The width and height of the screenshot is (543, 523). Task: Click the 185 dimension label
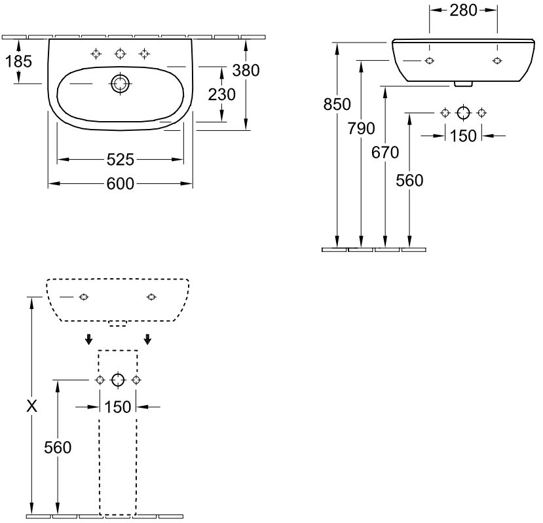(19, 62)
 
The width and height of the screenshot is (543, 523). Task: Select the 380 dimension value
(246, 71)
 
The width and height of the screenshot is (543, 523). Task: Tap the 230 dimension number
(221, 94)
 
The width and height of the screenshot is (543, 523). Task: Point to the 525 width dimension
(121, 159)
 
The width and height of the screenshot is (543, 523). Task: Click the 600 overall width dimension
(121, 184)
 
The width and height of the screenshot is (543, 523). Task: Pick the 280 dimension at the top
(463, 10)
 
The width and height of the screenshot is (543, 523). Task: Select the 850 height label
(337, 103)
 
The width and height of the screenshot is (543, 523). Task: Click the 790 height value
(361, 128)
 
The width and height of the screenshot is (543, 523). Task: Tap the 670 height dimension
(385, 153)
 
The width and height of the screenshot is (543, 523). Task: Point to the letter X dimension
(30, 406)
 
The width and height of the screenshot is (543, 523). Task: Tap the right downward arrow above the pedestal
(148, 338)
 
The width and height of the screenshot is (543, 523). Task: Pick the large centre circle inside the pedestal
(118, 380)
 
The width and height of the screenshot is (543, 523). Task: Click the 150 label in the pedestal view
(118, 406)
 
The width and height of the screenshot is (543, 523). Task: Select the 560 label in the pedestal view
(58, 448)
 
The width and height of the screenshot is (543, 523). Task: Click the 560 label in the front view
(409, 181)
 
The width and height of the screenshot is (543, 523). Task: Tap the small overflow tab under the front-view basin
(463, 83)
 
